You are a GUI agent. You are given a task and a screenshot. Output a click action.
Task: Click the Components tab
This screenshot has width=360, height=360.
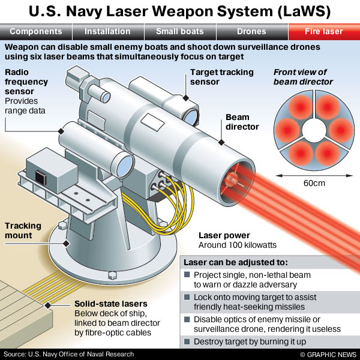(36, 31)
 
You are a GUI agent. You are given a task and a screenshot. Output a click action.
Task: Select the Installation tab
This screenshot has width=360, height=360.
(107, 31)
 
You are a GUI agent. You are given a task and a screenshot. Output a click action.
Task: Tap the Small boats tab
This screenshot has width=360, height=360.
(179, 31)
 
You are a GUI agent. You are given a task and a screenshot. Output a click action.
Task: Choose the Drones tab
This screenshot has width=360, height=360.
(252, 31)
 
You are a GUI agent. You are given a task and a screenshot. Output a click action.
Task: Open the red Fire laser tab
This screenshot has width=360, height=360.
(324, 31)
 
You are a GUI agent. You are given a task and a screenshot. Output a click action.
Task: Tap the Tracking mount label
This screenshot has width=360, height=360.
(23, 230)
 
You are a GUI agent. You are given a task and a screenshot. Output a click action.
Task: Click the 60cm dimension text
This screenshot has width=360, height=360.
(310, 181)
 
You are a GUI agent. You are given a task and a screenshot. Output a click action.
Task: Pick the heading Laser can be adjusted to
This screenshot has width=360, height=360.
(236, 262)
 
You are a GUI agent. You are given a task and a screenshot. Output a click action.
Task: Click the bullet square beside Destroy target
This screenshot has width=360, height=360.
(187, 341)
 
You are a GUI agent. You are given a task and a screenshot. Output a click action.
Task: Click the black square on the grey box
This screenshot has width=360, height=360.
(40, 176)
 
